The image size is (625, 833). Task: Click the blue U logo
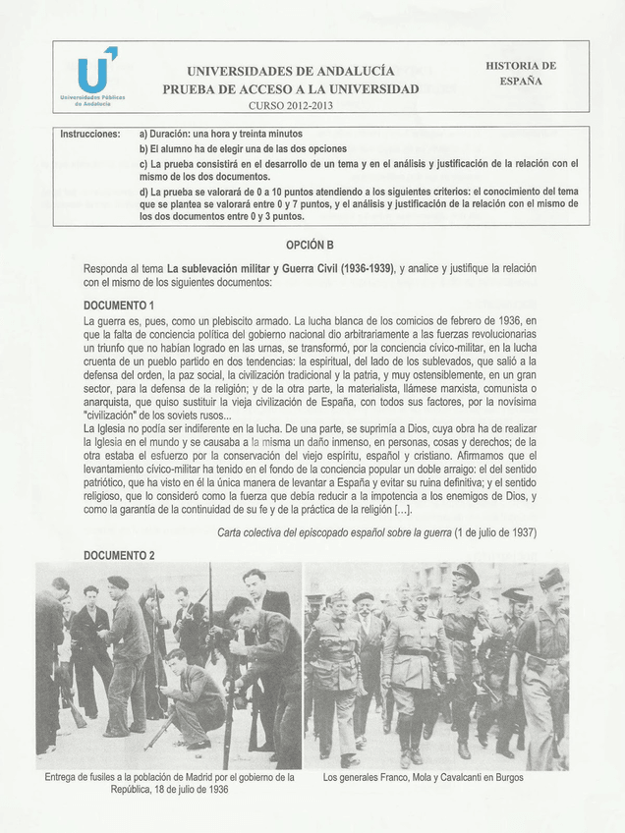95,72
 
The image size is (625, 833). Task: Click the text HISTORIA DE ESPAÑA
520,73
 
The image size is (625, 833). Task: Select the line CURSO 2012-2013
290,105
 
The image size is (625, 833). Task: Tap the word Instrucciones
90,134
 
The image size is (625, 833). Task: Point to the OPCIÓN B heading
310,244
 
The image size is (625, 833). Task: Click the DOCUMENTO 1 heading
119,305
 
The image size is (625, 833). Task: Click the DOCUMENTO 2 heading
119,555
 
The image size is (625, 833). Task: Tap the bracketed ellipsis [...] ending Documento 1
402,510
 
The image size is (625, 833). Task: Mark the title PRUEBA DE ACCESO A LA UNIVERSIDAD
290,88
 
